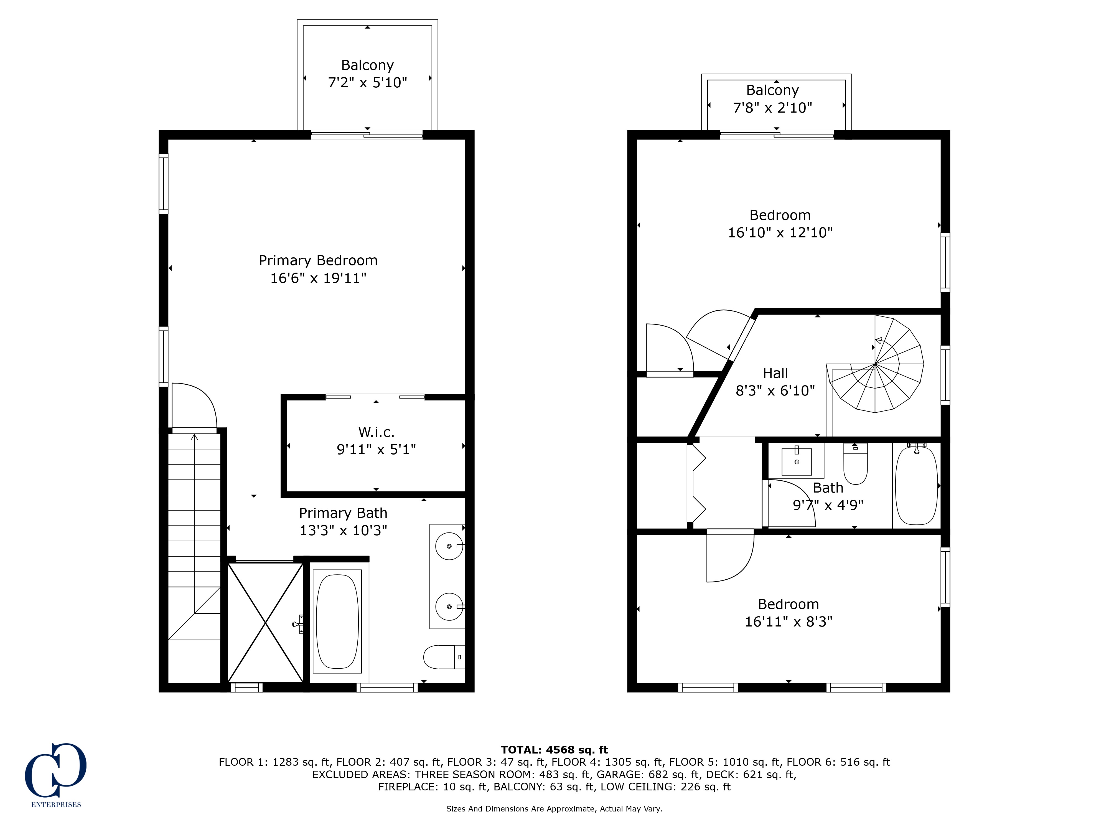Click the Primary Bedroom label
pyautogui.click(x=318, y=260)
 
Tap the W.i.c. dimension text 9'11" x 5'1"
pyautogui.click(x=376, y=449)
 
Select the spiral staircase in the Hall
pyautogui.click(x=875, y=364)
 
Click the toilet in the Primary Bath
pyautogui.click(x=444, y=657)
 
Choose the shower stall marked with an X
pyautogui.click(x=265, y=622)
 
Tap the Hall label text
pyautogui.click(x=775, y=373)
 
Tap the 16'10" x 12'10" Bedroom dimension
pyautogui.click(x=780, y=233)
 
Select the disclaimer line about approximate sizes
pyautogui.click(x=554, y=808)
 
